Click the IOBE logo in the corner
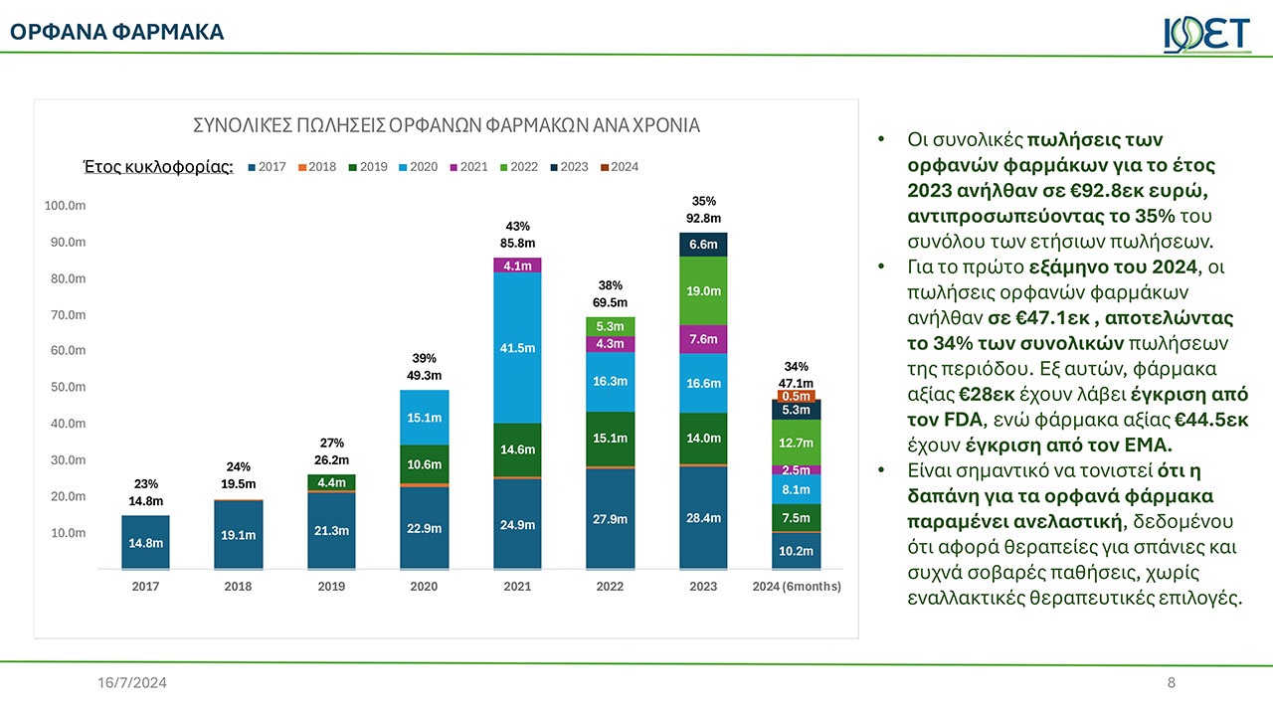tap(1205, 34)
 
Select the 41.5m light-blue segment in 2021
tap(517, 348)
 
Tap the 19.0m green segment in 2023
tap(703, 290)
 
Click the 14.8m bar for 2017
tap(145, 542)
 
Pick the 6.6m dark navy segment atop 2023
tap(703, 245)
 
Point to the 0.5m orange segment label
tap(796, 397)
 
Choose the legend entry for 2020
tap(418, 167)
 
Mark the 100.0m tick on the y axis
tap(65, 206)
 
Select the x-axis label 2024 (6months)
tap(797, 587)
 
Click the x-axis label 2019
tap(331, 587)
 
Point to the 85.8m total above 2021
tap(517, 243)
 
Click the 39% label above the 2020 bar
tap(424, 358)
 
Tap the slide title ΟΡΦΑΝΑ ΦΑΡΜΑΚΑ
tap(117, 33)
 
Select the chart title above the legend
tap(446, 126)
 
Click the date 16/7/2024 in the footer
tap(132, 683)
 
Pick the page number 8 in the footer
tap(1172, 683)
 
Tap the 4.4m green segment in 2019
tap(331, 483)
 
